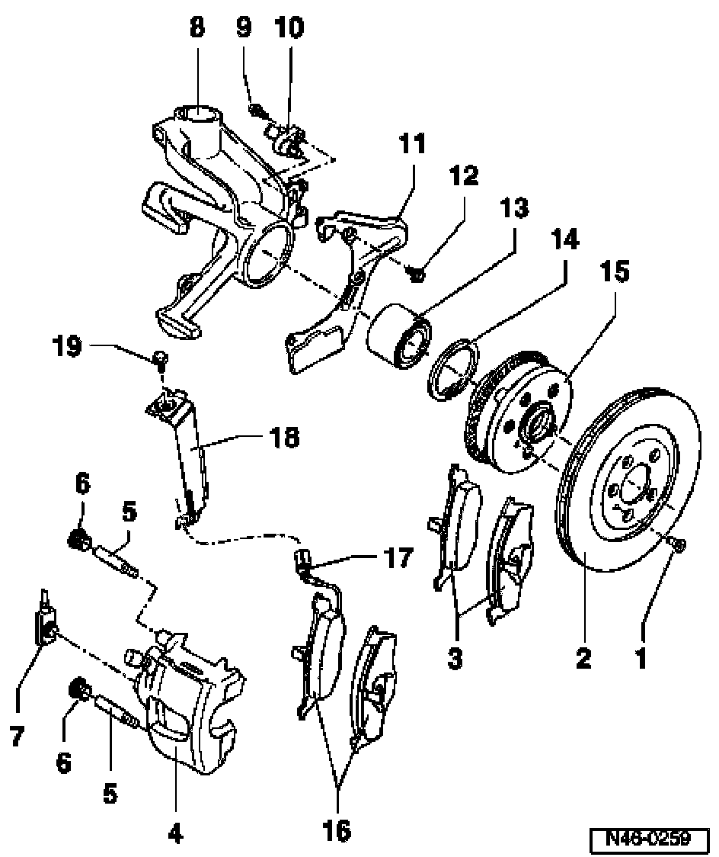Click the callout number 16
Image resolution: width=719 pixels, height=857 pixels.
336,830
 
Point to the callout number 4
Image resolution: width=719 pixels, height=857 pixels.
174,835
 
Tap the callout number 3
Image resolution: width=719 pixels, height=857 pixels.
454,657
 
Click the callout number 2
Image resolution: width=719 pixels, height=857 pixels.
583,657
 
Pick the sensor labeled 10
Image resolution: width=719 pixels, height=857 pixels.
287,139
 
